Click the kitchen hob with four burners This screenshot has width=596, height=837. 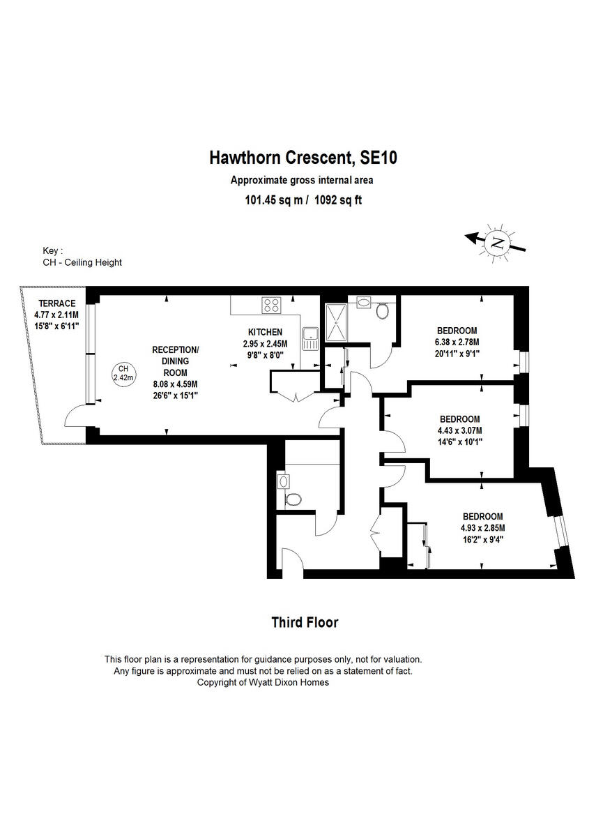[x=270, y=305]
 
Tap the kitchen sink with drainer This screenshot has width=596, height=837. [x=310, y=338]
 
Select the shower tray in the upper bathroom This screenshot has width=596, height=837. [x=336, y=323]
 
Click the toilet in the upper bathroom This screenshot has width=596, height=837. [x=382, y=310]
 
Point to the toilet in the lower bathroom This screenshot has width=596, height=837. [x=294, y=499]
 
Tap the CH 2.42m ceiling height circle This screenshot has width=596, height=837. [x=123, y=373]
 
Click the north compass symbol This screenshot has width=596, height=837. [x=497, y=242]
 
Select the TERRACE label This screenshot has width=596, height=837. [x=56, y=303]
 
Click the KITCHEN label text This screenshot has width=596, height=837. [x=265, y=332]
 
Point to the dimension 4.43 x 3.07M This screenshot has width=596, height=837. [x=461, y=430]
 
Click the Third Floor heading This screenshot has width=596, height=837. [x=304, y=622]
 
